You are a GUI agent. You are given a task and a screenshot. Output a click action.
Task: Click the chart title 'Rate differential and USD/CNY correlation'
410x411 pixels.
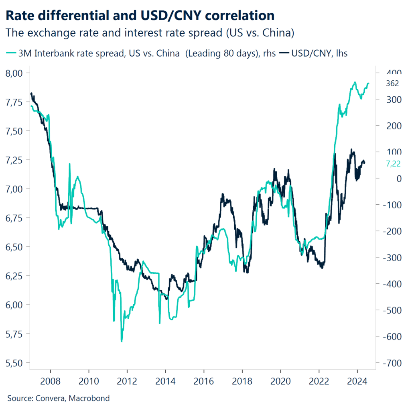(x=140, y=16)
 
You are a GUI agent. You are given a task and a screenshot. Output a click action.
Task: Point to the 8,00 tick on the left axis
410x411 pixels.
(x=16, y=73)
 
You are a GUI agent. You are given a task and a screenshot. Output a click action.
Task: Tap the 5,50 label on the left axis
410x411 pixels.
(x=16, y=363)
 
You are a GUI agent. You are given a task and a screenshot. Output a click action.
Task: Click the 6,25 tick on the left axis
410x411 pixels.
(x=16, y=276)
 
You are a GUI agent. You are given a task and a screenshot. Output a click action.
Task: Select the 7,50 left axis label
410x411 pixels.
(x=16, y=131)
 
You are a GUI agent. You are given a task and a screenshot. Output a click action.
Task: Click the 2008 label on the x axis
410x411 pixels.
(x=50, y=380)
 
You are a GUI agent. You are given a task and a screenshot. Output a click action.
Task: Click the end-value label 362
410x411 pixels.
(x=392, y=83)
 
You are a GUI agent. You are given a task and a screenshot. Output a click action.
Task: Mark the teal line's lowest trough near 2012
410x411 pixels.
(x=122, y=341)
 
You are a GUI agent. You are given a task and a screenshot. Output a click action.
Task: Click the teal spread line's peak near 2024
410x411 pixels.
(x=355, y=82)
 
